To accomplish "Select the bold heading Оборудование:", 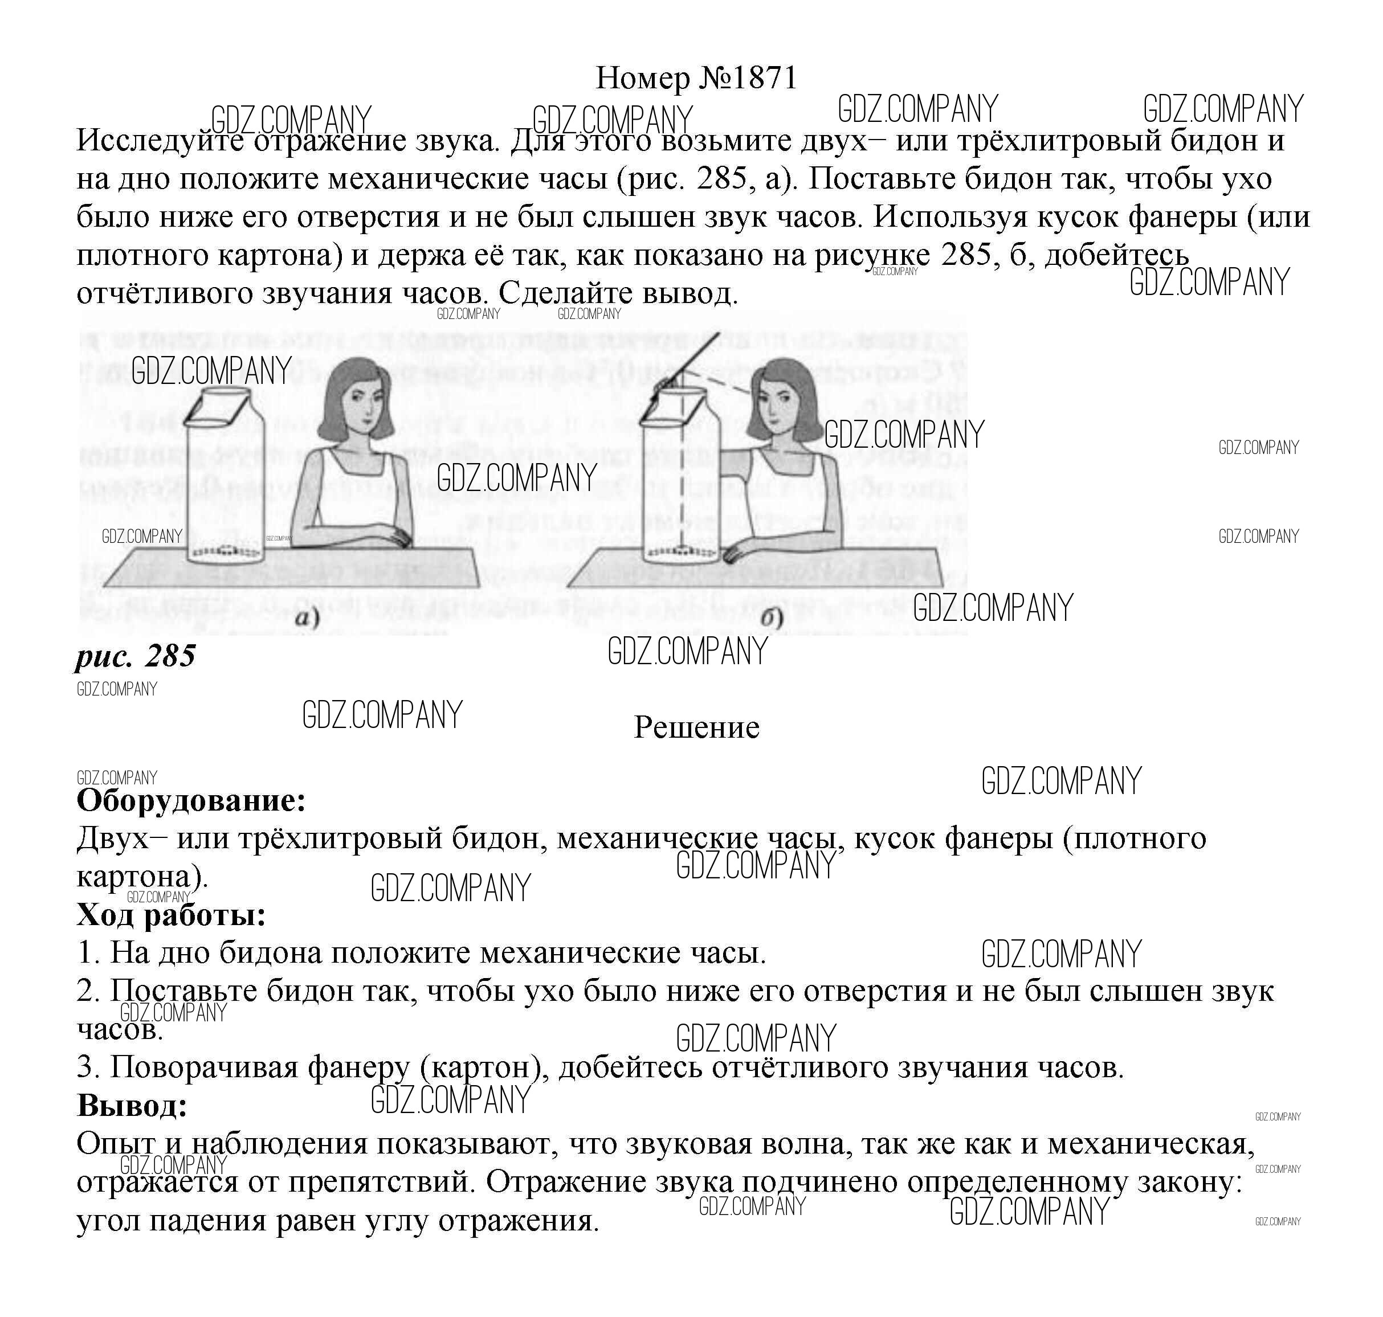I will click(191, 800).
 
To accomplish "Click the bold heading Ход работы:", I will click(172, 915).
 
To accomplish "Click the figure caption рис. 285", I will click(135, 656).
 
